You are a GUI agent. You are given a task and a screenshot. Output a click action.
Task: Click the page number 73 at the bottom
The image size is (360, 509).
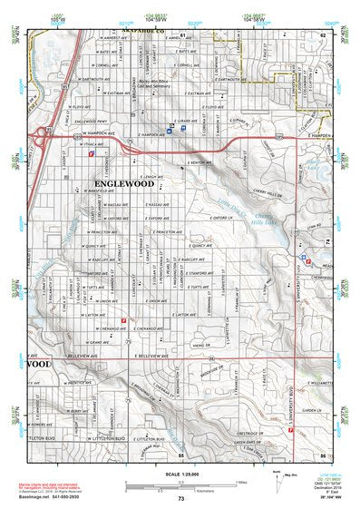(180, 499)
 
